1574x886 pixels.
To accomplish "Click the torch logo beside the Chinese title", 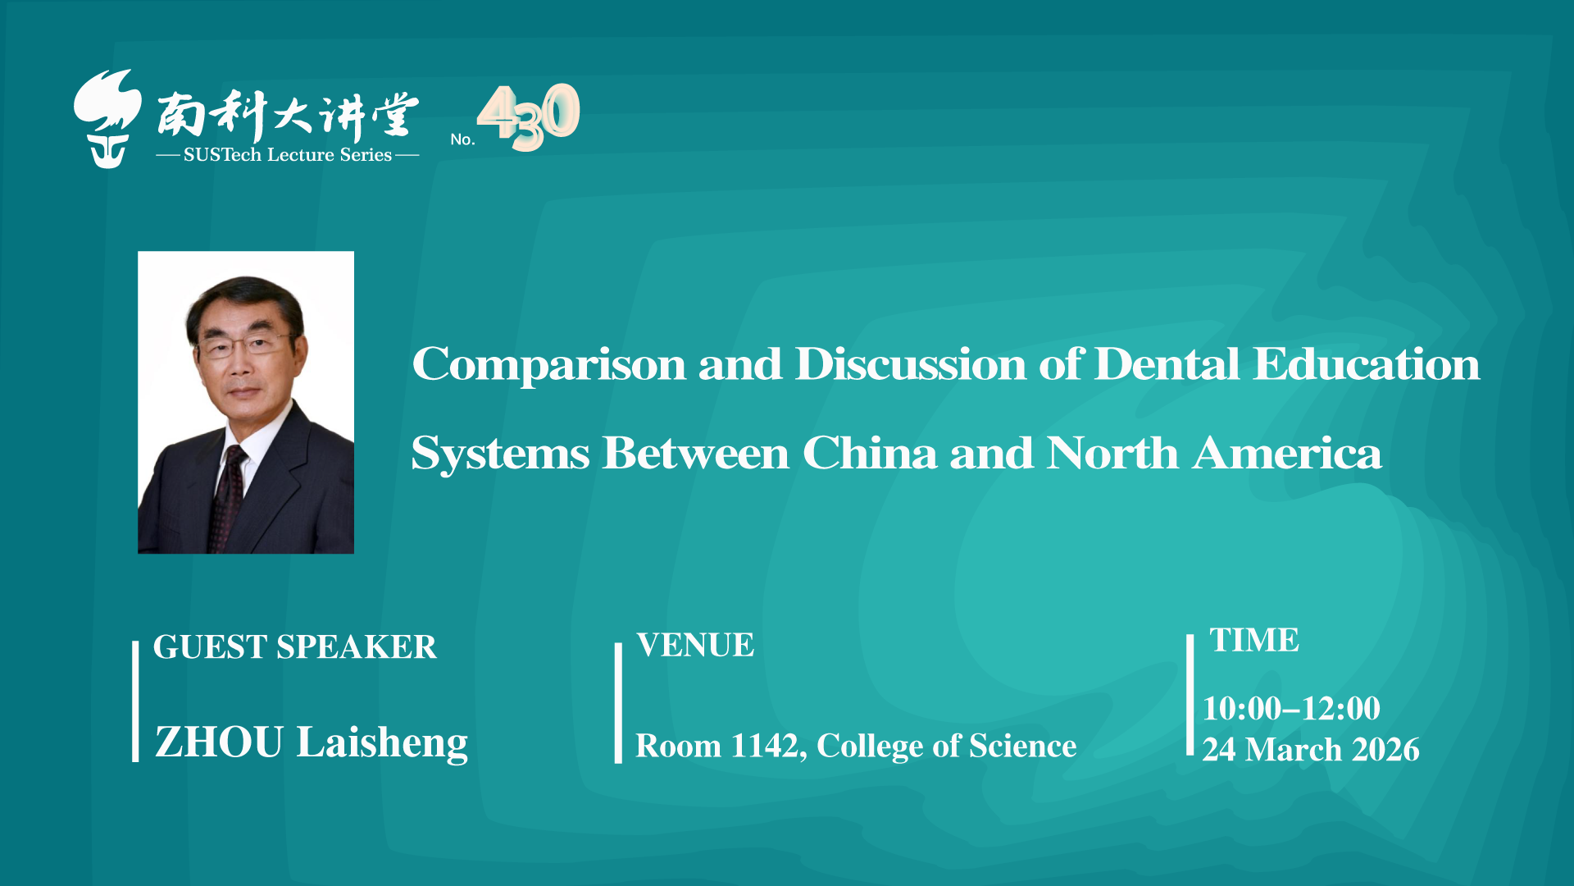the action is (107, 119).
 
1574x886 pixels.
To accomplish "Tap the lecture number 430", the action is (529, 116).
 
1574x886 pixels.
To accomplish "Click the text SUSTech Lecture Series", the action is (288, 155).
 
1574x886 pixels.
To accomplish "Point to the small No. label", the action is (462, 139).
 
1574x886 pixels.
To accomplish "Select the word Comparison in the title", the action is (549, 366).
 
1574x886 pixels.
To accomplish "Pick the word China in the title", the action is (870, 453).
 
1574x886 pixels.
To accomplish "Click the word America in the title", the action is (1288, 453).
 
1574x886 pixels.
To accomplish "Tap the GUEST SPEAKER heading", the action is (295, 647).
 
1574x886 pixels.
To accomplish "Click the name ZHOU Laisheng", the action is (312, 743).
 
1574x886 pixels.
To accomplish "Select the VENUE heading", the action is (695, 646).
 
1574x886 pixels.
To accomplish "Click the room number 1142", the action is (763, 747).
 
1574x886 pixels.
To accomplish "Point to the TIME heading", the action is (1254, 640).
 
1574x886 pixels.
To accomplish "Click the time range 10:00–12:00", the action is (1292, 709).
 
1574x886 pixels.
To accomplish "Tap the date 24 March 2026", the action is (1311, 750).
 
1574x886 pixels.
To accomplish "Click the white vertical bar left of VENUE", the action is (618, 703).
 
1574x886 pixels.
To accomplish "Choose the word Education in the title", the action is (1367, 364).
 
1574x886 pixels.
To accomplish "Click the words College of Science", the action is (947, 747).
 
